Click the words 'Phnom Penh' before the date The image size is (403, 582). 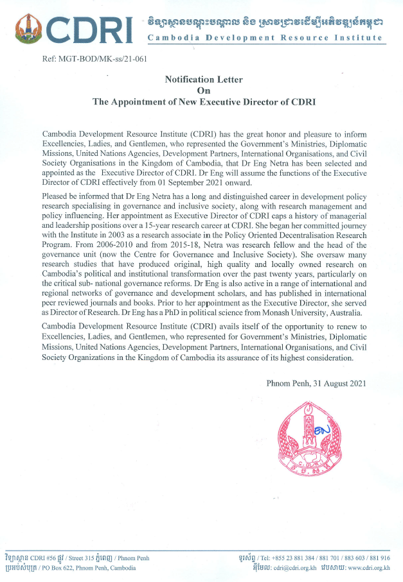(x=289, y=383)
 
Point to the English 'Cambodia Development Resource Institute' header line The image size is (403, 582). (x=265, y=39)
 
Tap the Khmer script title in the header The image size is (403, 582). (x=265, y=23)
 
